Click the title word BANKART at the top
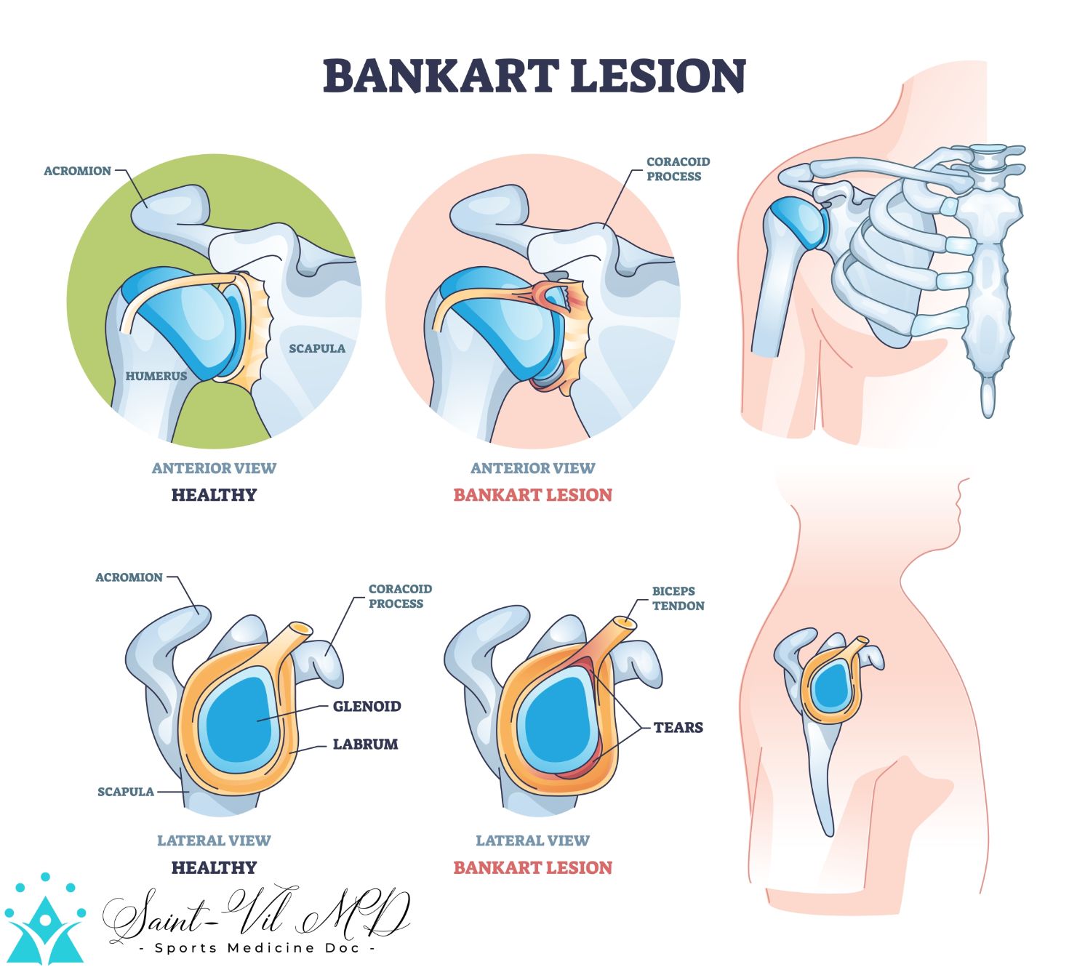(x=440, y=76)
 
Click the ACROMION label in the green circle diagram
(x=77, y=171)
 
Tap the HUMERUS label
(x=156, y=376)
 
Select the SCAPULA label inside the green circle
(x=317, y=348)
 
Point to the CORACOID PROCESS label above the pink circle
(x=677, y=169)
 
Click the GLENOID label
(x=367, y=706)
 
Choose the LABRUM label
(x=365, y=744)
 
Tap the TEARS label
(x=678, y=727)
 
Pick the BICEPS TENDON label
(x=677, y=598)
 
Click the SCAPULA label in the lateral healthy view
(x=126, y=791)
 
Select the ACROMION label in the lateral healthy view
(x=129, y=577)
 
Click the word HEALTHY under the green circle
(x=214, y=495)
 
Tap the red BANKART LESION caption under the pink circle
(x=532, y=495)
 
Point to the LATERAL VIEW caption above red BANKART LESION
(x=532, y=840)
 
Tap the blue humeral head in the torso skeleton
(x=796, y=222)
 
